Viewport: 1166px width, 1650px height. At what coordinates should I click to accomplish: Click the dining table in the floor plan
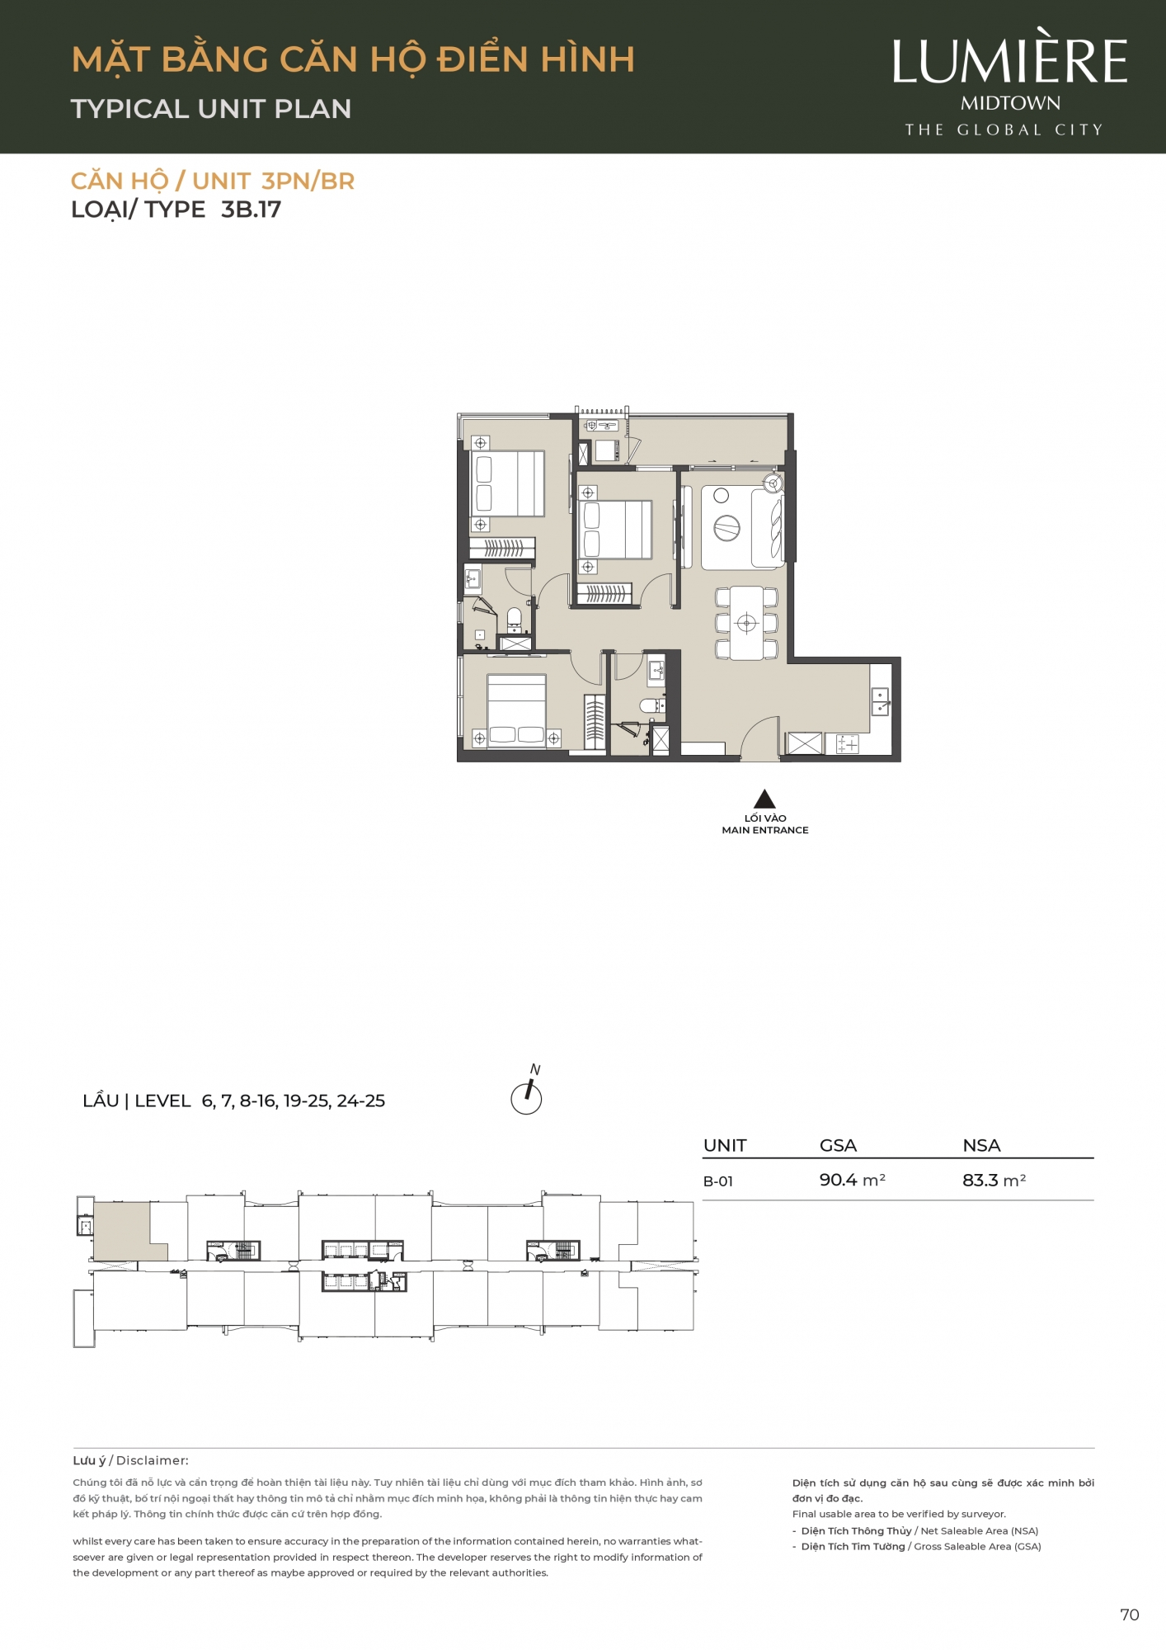[x=746, y=623]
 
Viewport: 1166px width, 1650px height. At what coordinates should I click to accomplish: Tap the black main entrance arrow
[x=764, y=799]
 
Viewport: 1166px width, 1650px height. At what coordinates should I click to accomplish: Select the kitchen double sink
[x=881, y=702]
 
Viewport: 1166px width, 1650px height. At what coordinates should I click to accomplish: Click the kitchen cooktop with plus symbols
[x=848, y=744]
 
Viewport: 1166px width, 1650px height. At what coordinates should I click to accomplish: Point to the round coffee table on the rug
[x=726, y=527]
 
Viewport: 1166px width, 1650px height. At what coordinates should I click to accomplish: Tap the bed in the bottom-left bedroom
[x=516, y=711]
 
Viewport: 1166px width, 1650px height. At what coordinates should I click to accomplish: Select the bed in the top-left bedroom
[x=508, y=483]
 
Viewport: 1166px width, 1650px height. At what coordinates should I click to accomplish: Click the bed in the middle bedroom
[x=617, y=530]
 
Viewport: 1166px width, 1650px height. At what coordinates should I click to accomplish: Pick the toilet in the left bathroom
[x=514, y=619]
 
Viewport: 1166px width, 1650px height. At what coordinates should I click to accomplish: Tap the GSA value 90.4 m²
[x=852, y=1180]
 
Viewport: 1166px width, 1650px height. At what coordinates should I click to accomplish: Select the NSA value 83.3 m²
[x=994, y=1180]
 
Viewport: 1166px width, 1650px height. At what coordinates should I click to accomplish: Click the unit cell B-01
[x=717, y=1181]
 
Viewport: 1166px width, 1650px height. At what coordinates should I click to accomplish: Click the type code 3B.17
[x=251, y=210]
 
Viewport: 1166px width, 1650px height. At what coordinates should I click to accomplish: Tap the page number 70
[x=1129, y=1615]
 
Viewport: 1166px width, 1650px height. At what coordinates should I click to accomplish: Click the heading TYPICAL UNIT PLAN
[x=211, y=109]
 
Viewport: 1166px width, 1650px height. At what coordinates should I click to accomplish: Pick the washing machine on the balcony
[x=606, y=450]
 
